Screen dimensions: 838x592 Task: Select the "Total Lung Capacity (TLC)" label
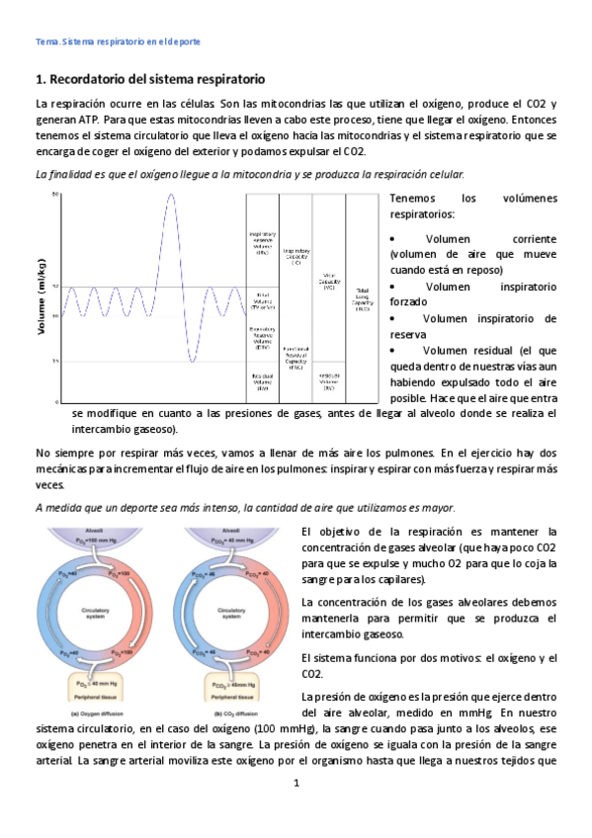[363, 299]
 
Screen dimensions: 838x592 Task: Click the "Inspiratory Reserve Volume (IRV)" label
[262, 243]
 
